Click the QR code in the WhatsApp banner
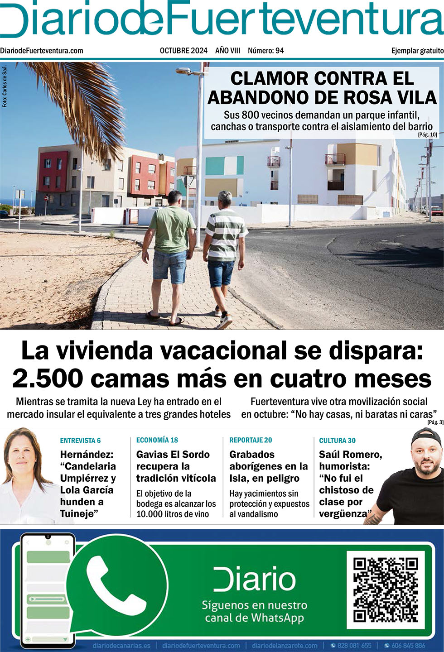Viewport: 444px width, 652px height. [x=385, y=590]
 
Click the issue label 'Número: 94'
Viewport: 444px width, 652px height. [x=265, y=51]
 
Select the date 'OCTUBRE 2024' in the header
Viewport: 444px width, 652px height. [x=183, y=51]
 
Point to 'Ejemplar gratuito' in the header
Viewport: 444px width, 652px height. [x=417, y=51]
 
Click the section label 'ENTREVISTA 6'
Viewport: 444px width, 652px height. [x=81, y=441]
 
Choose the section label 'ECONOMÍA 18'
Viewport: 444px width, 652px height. [x=157, y=440]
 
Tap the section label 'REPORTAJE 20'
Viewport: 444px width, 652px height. [x=251, y=440]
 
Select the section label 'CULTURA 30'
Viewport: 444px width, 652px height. [x=337, y=441]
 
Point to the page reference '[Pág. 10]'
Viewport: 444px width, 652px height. [x=427, y=134]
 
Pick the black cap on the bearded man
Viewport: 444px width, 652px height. [x=426, y=437]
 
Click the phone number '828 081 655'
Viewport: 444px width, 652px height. [x=354, y=645]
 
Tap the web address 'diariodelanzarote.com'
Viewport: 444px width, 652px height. [x=285, y=645]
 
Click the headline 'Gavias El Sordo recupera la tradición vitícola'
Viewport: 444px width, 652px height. [x=176, y=466]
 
